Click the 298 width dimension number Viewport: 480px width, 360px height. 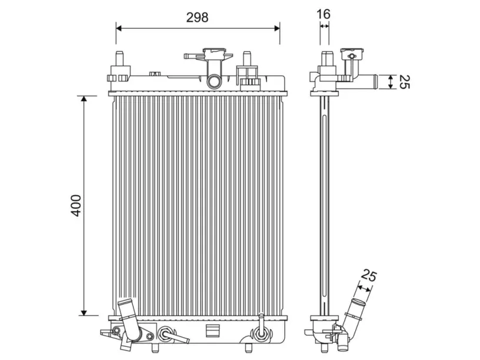[197, 18]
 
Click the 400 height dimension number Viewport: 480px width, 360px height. [76, 205]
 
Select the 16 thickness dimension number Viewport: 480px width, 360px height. [324, 14]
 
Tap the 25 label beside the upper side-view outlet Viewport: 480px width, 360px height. [404, 82]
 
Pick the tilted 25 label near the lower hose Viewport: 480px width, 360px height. [369, 275]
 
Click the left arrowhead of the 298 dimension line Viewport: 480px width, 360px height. [119, 28]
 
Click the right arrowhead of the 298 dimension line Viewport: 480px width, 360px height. [277, 28]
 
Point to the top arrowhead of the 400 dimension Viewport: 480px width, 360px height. [84, 98]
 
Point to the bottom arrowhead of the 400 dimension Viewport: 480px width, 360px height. [84, 312]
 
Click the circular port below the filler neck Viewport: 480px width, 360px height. [214, 81]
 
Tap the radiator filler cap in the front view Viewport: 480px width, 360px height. [217, 54]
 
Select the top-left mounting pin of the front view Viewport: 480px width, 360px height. [119, 58]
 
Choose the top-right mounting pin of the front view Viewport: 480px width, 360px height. [246, 58]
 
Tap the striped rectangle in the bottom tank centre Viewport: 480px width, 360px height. [213, 331]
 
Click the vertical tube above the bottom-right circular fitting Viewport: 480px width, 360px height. [261, 321]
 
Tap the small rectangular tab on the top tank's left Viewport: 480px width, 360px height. [155, 74]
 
